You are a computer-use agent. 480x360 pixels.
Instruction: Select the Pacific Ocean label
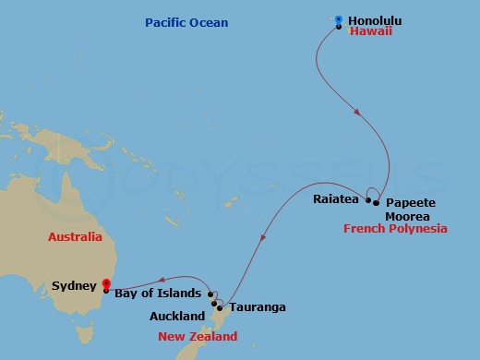coord(186,22)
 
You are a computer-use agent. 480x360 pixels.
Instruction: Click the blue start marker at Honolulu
coord(339,19)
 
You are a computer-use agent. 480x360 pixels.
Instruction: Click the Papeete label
coord(411,202)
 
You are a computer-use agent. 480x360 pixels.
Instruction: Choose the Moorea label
coord(406,215)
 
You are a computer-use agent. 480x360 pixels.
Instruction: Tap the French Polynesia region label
coord(395,229)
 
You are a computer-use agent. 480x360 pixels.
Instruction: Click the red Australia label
coord(76,237)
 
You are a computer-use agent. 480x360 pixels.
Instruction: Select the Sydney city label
coord(75,286)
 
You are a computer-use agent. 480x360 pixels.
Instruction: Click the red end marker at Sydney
coord(106,284)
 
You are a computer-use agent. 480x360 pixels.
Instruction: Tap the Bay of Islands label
coord(158,294)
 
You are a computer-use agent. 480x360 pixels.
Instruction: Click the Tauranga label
coord(257,307)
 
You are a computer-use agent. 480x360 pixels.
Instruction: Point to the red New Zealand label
coord(198,337)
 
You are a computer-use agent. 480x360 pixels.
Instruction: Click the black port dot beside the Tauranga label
coord(220,307)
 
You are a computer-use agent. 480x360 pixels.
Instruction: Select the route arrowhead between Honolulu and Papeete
coord(356,113)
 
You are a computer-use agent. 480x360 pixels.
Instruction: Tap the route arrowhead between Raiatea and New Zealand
coord(264,238)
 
